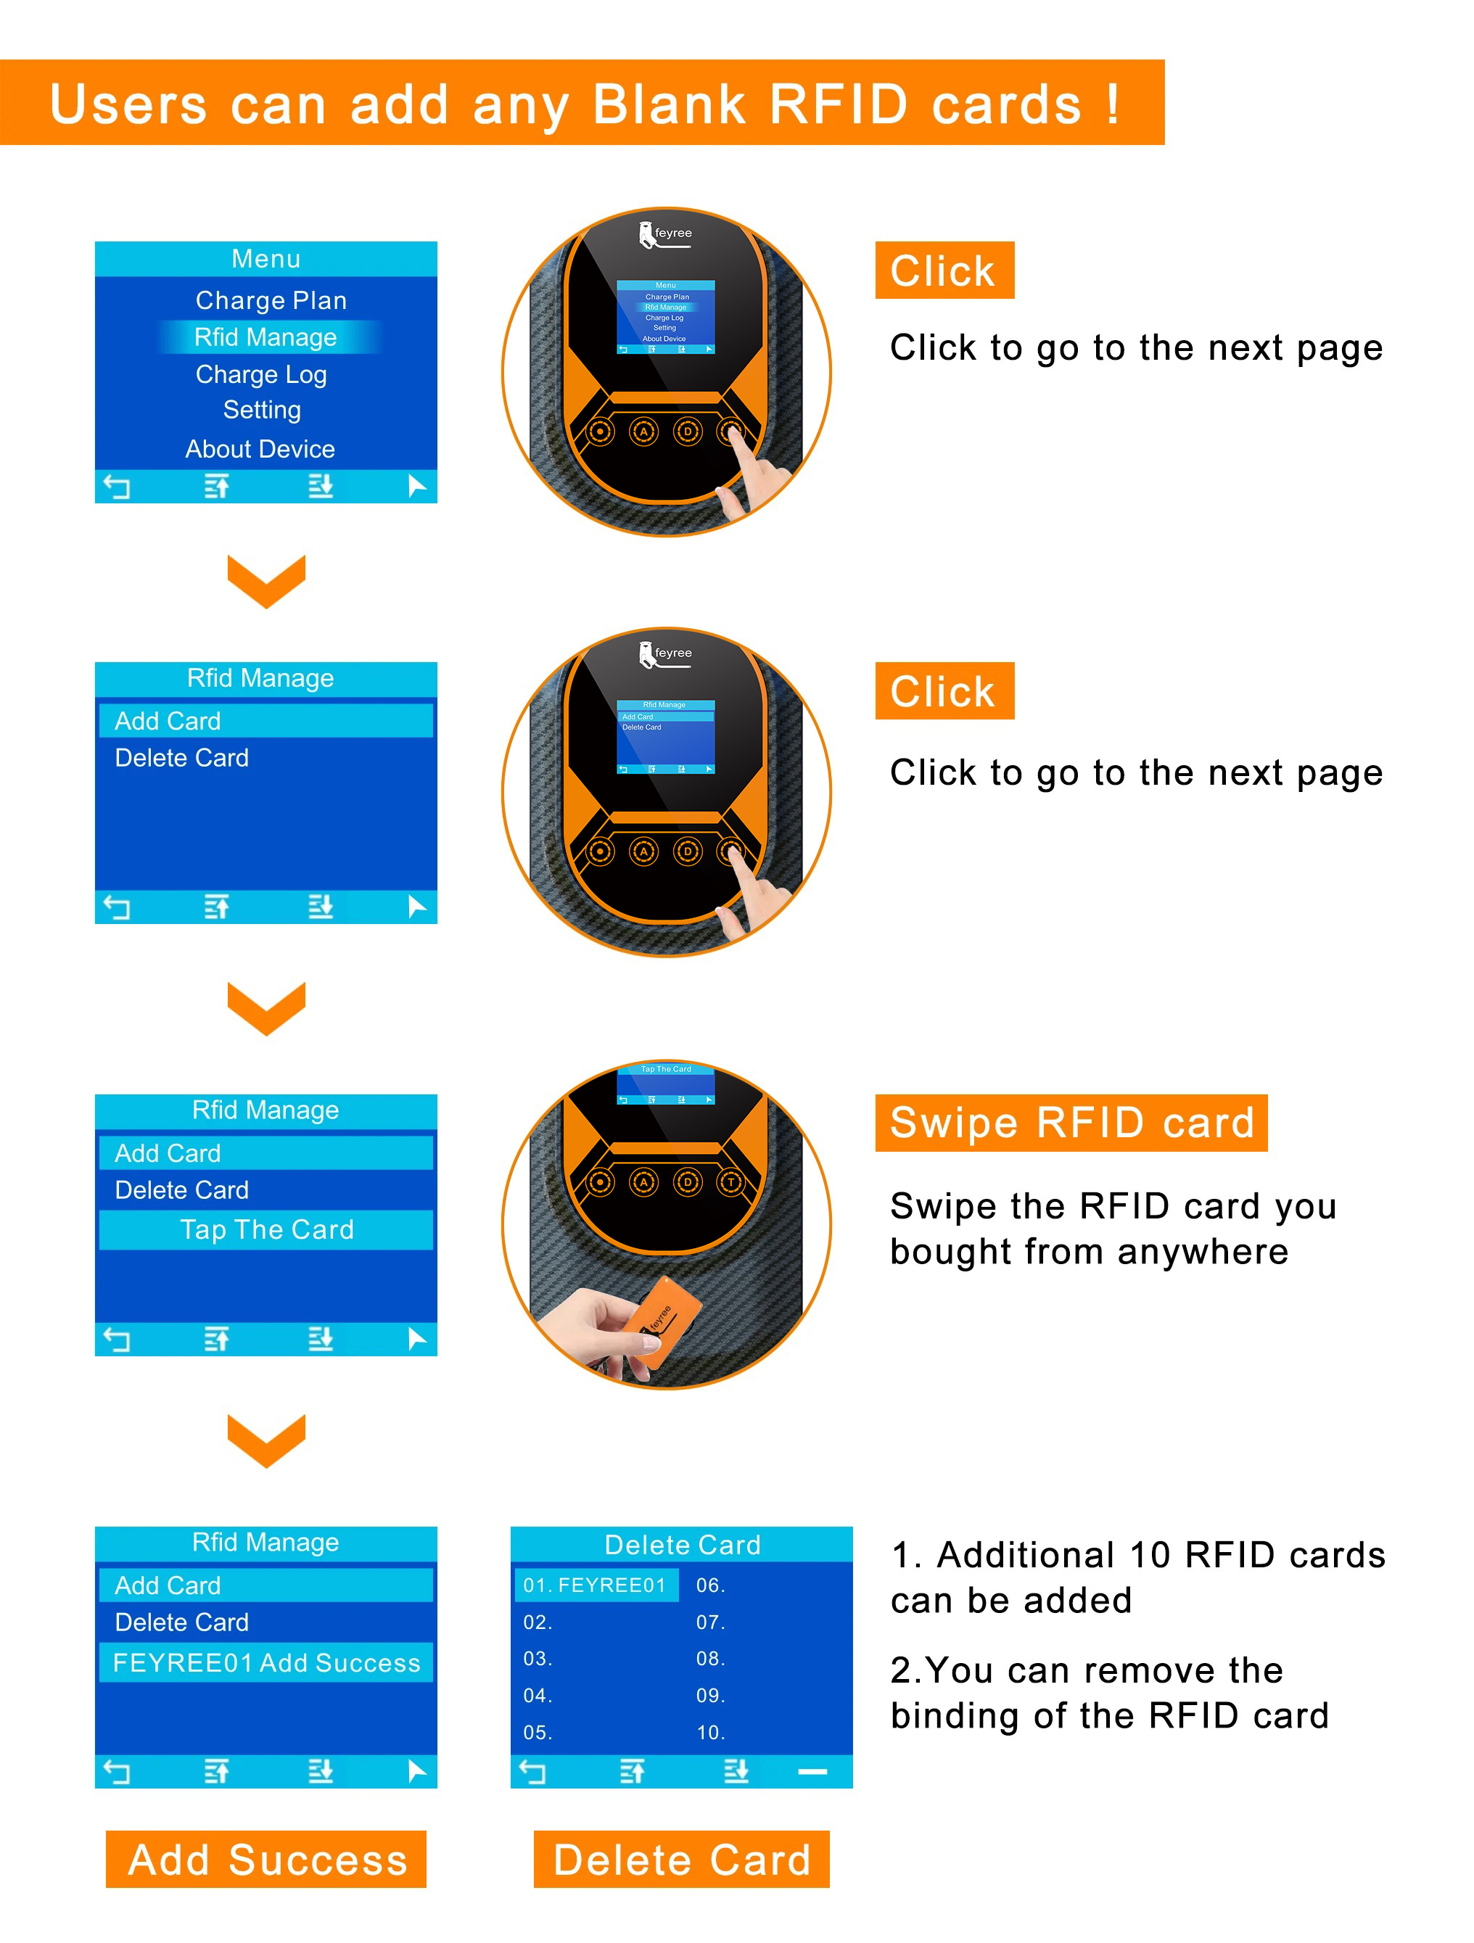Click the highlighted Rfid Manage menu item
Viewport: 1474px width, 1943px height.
(x=265, y=337)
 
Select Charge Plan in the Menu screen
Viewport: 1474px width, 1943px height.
(x=271, y=300)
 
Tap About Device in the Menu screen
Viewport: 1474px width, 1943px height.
(x=260, y=449)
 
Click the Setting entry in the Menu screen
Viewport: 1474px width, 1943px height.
(x=262, y=409)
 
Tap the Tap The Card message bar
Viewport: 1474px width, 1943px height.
(x=266, y=1229)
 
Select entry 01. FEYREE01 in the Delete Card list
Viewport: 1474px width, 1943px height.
(x=595, y=1585)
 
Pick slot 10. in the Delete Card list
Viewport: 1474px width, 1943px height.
(x=709, y=1732)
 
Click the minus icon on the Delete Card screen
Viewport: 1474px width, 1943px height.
(x=812, y=1772)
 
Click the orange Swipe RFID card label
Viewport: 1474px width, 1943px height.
(x=1071, y=1123)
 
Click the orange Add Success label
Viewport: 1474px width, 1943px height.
(x=266, y=1859)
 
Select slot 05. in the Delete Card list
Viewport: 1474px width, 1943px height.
(x=538, y=1732)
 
